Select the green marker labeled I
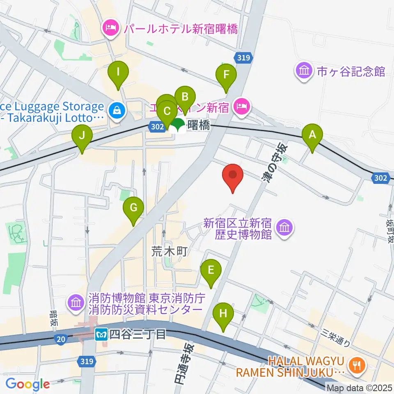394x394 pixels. click(118, 72)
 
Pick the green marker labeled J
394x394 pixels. click(82, 135)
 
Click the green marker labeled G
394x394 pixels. click(133, 208)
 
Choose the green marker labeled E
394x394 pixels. click(211, 270)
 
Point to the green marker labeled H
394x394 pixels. click(223, 314)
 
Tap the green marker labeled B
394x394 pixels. click(185, 98)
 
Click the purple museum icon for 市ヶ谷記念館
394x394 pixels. click(304, 71)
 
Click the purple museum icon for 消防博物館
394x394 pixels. click(76, 303)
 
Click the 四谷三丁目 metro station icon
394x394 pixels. click(101, 334)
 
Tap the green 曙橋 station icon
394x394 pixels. click(178, 125)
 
